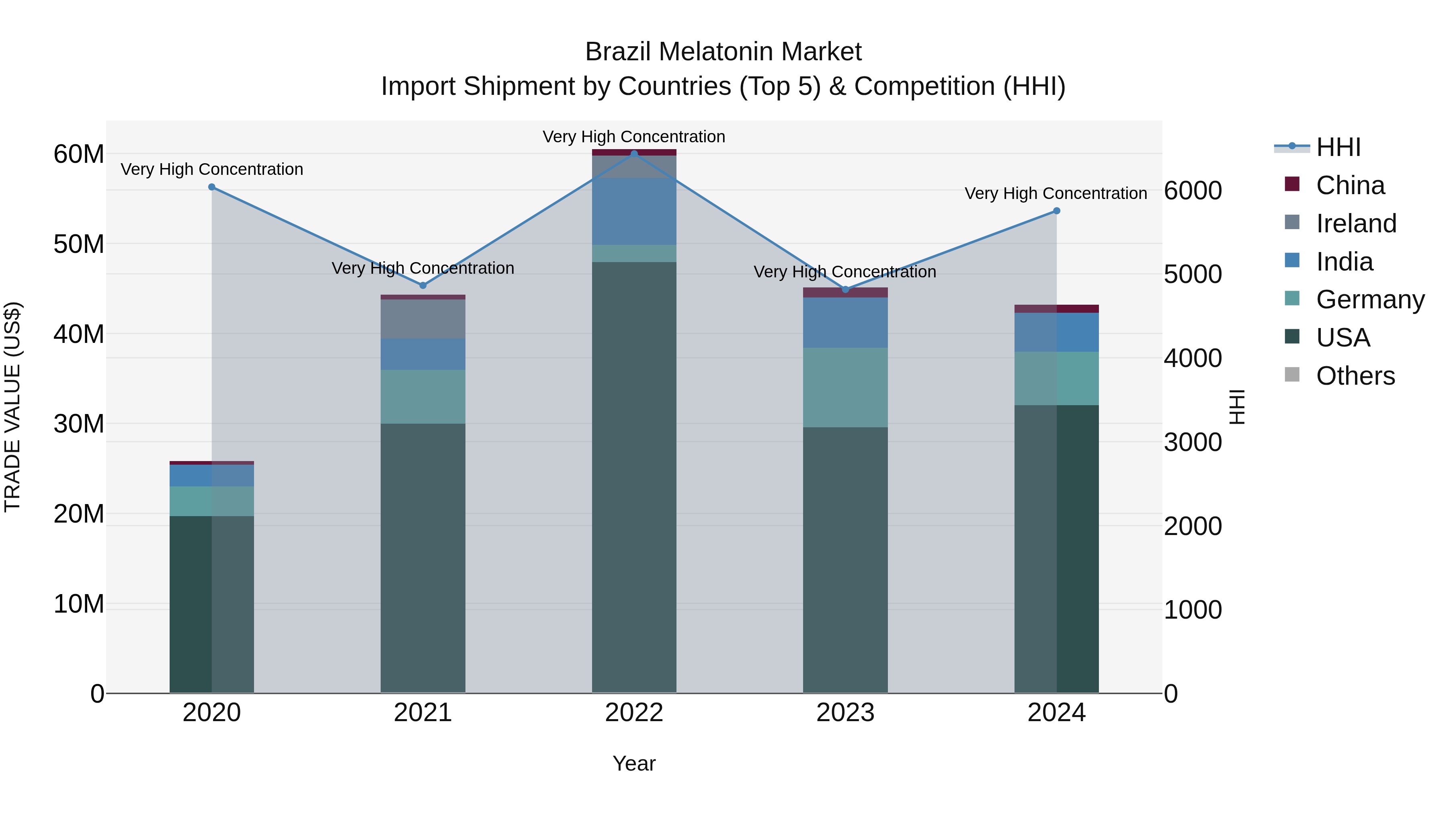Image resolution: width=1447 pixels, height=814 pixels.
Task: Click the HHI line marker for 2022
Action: [x=634, y=154]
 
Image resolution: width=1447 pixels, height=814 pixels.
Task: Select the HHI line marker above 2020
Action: [x=212, y=187]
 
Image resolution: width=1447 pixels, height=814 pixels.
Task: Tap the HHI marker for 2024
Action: [x=1057, y=211]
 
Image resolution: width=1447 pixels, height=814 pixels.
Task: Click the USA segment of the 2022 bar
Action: [x=634, y=478]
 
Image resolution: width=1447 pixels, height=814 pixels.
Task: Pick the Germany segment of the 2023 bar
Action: [x=845, y=387]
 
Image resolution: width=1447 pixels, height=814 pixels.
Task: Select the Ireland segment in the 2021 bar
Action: [x=423, y=319]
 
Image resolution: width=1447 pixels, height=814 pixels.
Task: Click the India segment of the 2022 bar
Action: [x=634, y=211]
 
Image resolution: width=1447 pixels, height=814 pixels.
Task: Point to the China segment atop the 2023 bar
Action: [x=845, y=292]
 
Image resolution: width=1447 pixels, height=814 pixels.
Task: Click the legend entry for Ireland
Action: [x=1355, y=223]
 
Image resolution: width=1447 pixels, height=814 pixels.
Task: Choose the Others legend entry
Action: [x=1355, y=376]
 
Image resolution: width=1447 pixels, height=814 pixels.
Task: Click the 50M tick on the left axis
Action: [x=79, y=244]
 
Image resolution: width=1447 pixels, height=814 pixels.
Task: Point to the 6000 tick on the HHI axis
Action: [x=1193, y=191]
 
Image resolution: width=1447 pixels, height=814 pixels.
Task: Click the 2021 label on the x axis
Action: [x=423, y=713]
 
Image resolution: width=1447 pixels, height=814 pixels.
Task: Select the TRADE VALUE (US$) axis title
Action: [x=12, y=407]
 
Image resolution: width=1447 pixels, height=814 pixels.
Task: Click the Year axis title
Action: [x=634, y=763]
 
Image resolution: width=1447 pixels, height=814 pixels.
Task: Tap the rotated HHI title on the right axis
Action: [x=1237, y=407]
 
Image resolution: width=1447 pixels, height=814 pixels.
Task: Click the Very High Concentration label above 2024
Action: [x=1056, y=193]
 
